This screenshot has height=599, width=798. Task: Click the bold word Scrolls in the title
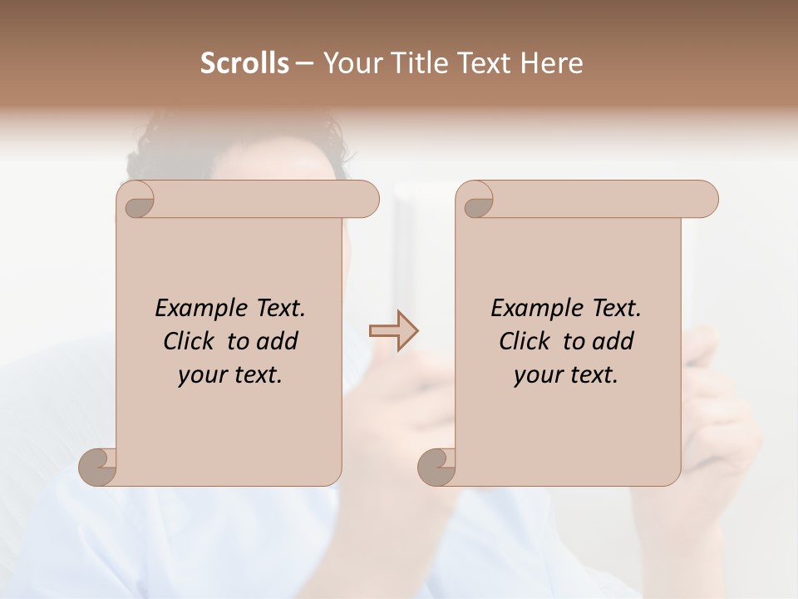point(244,63)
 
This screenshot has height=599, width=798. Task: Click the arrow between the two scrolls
point(393,331)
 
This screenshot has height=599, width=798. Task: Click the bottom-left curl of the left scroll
point(98,467)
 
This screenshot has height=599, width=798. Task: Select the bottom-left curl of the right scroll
point(437,467)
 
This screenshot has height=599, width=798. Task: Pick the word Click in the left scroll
point(190,341)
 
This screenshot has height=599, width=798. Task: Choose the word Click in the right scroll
point(526,341)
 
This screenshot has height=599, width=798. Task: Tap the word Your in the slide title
point(350,63)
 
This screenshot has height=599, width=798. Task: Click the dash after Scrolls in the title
point(305,64)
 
